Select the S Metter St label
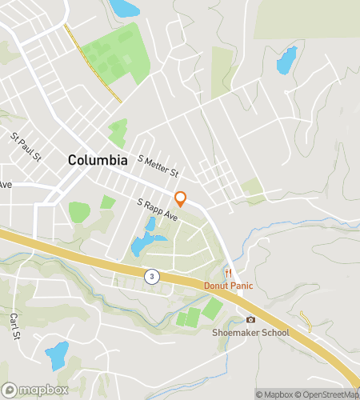(x=158, y=166)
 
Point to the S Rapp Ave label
(x=157, y=210)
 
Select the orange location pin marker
(x=181, y=198)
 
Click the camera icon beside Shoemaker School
(x=250, y=320)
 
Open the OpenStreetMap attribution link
(x=328, y=394)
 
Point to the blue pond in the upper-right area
(x=286, y=60)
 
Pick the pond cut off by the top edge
(x=123, y=8)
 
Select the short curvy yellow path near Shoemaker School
(x=305, y=319)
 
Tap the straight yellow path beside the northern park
(x=93, y=63)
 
